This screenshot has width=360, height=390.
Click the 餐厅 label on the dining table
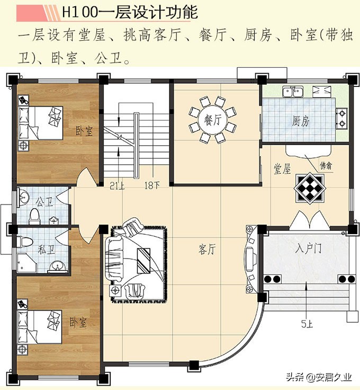click(212, 119)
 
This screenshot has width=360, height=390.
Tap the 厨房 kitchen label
click(300, 121)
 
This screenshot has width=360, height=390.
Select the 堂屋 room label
click(282, 169)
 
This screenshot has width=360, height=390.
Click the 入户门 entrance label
click(307, 248)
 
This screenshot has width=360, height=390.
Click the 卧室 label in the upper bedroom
click(84, 130)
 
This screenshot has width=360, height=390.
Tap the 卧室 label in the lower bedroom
click(78, 322)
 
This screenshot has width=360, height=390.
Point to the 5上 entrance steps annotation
click(307, 324)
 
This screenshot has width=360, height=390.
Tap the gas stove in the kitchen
click(342, 119)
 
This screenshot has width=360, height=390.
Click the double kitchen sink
click(292, 92)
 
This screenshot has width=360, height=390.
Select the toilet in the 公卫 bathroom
click(35, 215)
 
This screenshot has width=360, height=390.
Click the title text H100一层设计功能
click(130, 12)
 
